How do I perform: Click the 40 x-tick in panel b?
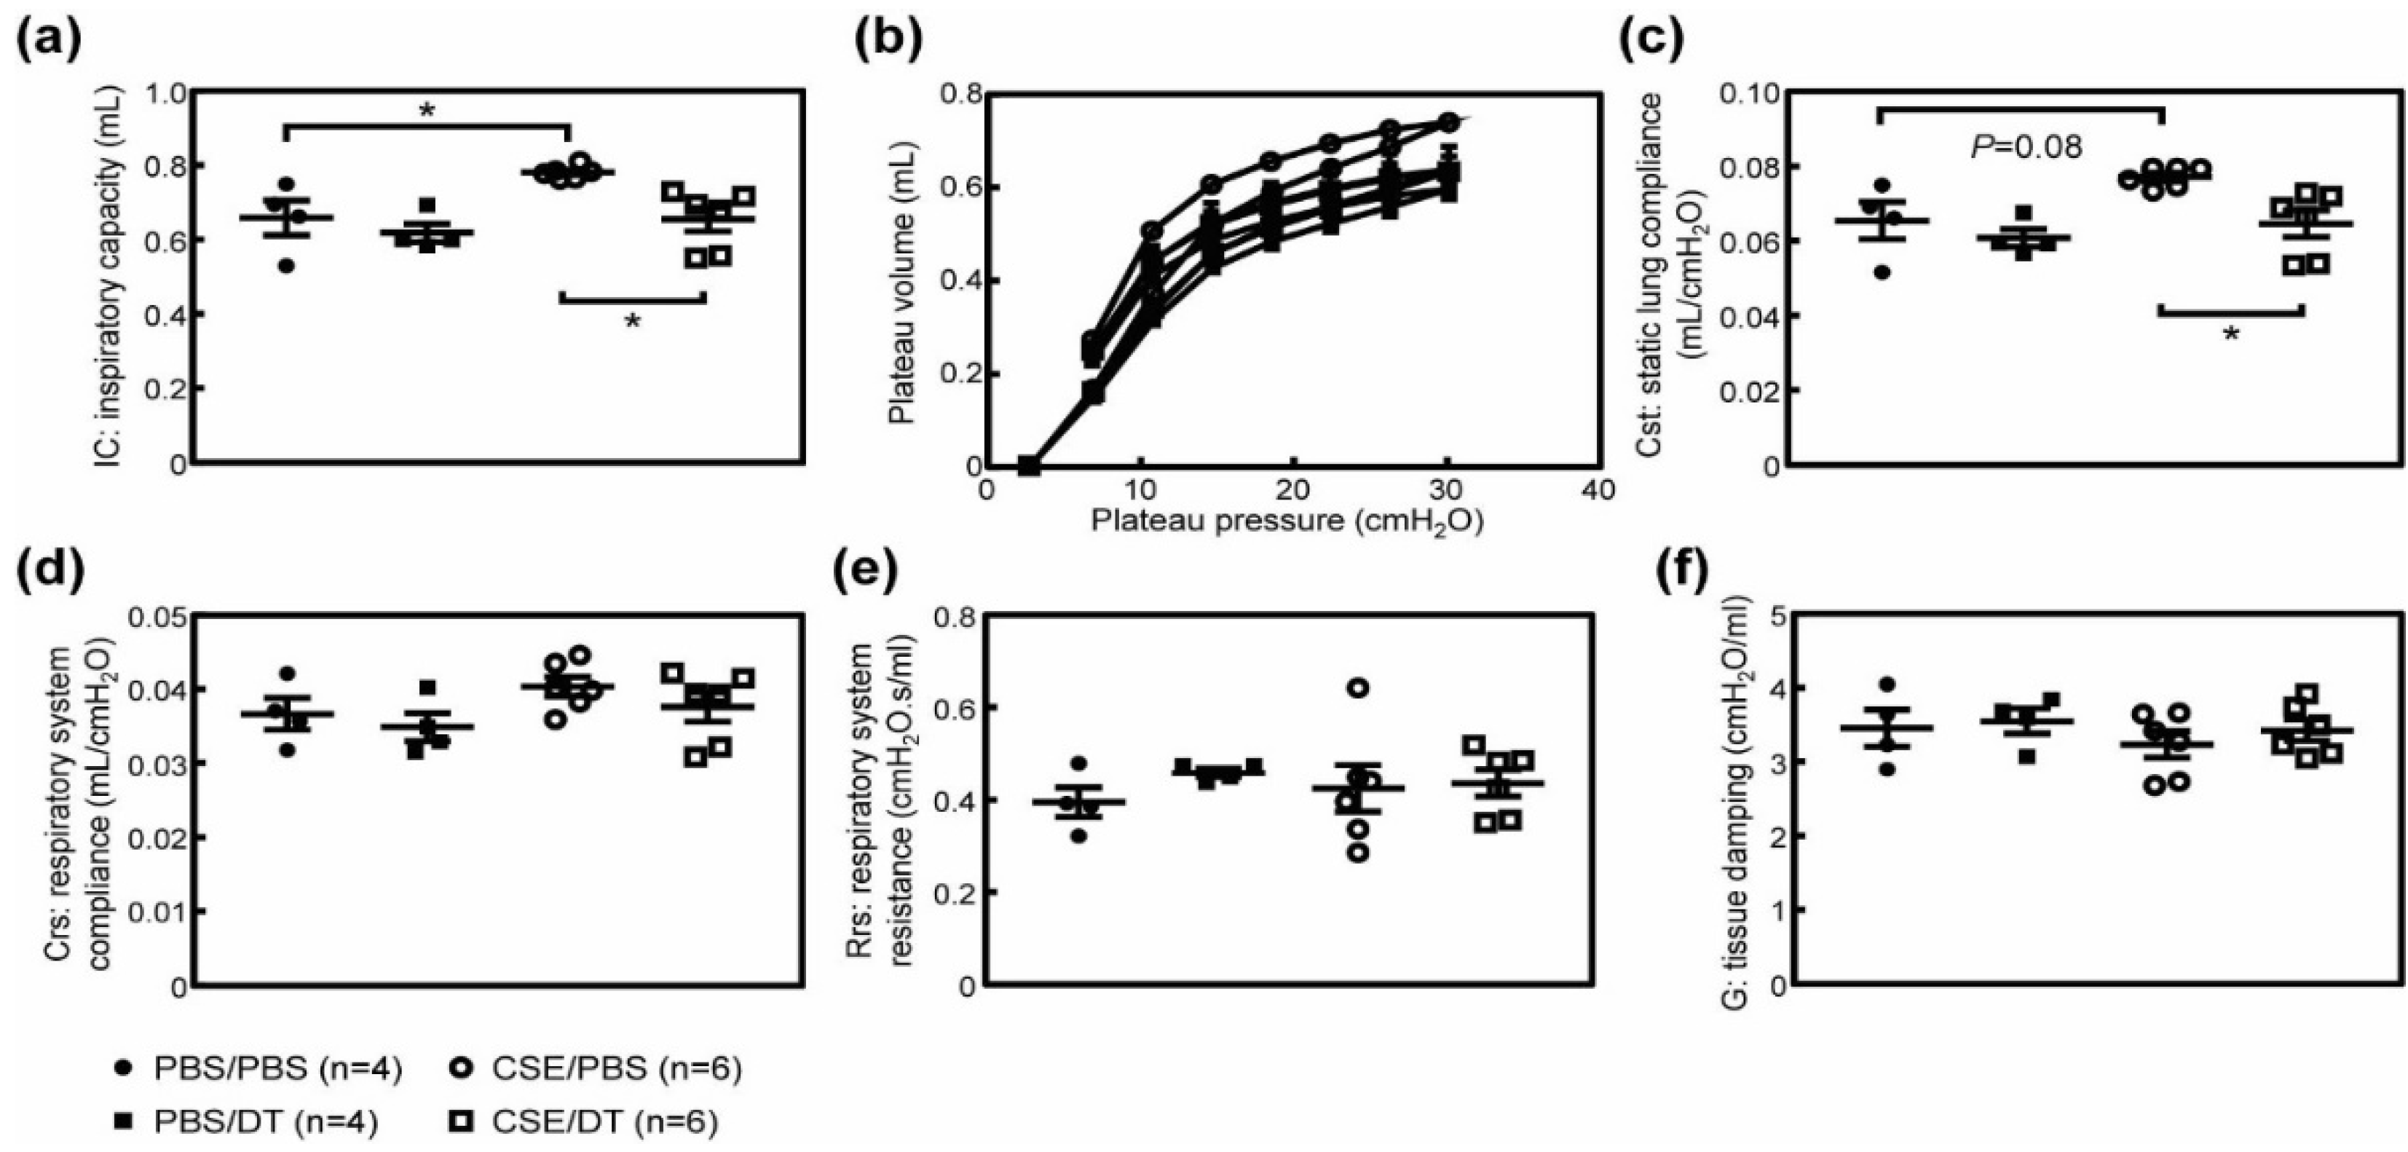[1598, 491]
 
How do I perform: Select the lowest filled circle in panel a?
[287, 266]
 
